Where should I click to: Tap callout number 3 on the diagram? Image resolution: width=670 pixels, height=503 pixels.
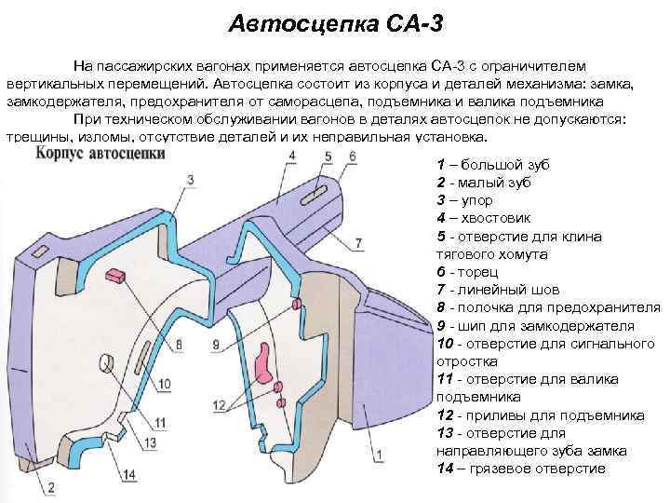tap(190, 179)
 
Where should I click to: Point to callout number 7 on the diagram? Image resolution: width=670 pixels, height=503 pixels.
tap(358, 244)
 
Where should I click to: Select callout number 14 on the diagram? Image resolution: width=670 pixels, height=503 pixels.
tap(129, 475)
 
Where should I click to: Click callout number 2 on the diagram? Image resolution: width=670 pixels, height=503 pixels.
tap(51, 486)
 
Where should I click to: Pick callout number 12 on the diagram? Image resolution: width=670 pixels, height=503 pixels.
tap(220, 405)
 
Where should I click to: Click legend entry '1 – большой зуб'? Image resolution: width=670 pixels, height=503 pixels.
tap(492, 165)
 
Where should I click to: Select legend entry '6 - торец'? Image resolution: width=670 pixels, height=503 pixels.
tap(469, 271)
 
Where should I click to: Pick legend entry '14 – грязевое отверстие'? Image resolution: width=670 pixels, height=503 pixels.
tap(520, 468)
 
